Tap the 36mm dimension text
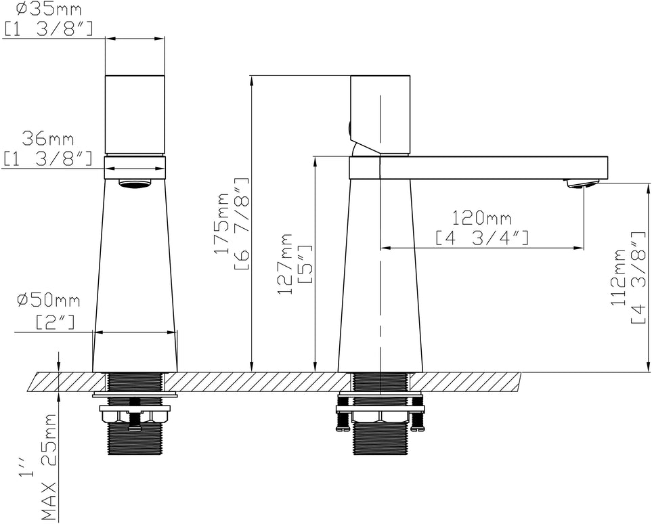coord(48,138)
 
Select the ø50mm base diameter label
coord(49,301)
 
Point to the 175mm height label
coord(223,223)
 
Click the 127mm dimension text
coord(285,263)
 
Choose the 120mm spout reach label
coord(482,217)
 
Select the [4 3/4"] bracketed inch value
coord(482,238)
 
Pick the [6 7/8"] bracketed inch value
coord(242,225)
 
